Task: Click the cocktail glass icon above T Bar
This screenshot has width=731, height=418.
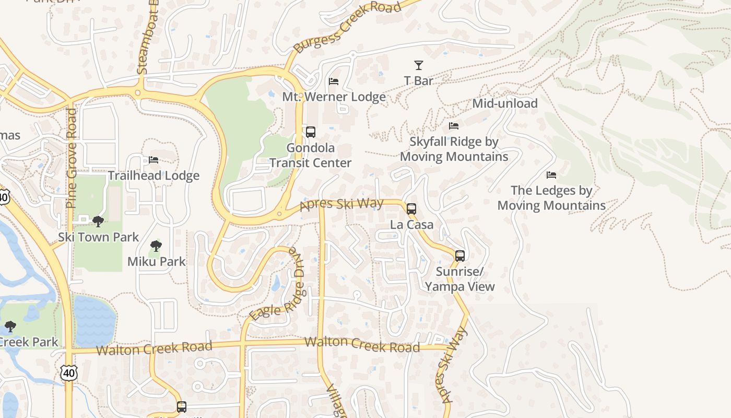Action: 418,65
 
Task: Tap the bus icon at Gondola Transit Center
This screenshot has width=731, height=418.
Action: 311,132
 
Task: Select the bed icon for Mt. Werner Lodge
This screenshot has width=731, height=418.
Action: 334,82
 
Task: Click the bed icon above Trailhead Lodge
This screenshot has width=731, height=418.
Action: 154,160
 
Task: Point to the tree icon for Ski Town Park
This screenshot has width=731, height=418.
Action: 98,222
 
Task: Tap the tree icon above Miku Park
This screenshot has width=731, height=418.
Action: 156,246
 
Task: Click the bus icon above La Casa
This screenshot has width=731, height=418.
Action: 411,209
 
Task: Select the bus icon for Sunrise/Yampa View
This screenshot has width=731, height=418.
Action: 459,256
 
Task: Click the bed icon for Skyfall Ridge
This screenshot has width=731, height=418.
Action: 454,126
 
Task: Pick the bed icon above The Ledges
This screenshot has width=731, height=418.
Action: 551,175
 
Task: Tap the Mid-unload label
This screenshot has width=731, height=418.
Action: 504,103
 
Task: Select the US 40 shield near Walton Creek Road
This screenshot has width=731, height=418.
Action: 69,373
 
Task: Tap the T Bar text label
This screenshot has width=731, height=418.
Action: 418,81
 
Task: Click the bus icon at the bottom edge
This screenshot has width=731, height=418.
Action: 181,407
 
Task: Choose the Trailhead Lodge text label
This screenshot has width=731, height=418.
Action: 154,176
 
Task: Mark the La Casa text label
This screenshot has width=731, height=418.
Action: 412,225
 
